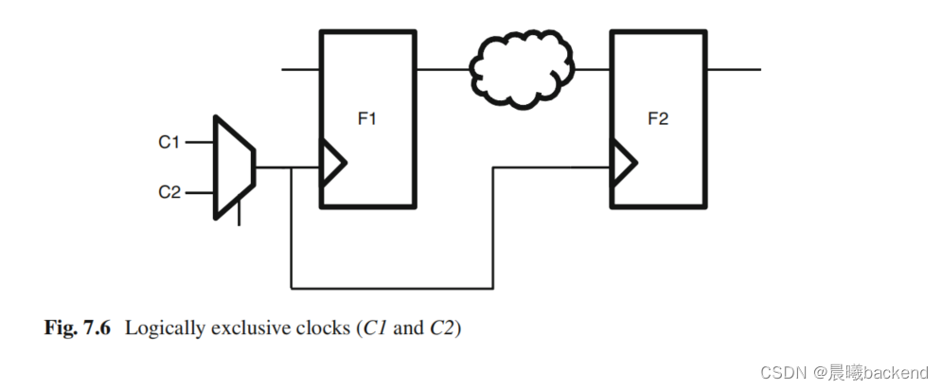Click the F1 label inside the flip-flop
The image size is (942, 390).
pyautogui.click(x=366, y=119)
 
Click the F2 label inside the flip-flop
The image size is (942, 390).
pyautogui.click(x=657, y=119)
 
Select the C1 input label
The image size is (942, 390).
pyautogui.click(x=169, y=143)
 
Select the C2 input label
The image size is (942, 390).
pyautogui.click(x=169, y=192)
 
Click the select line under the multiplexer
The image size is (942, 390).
pyautogui.click(x=239, y=214)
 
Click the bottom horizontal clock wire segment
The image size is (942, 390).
pyautogui.click(x=391, y=287)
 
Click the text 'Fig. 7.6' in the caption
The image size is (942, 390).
pyautogui.click(x=78, y=329)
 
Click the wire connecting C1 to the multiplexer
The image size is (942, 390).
pyautogui.click(x=201, y=143)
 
